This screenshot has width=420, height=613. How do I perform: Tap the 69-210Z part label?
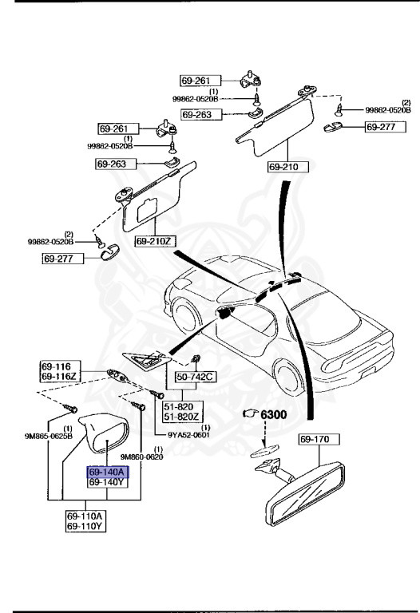click(154, 240)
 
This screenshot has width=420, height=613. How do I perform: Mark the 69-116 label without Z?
click(56, 364)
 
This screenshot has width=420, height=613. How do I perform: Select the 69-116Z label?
click(56, 374)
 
